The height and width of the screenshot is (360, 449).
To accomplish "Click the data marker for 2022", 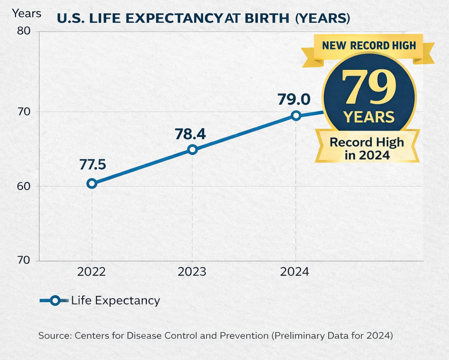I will point(92,183).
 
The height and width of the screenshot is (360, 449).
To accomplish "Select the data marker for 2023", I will point(192,149).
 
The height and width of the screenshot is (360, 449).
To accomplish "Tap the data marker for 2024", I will point(296,116).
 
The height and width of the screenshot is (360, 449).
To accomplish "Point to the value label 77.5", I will point(93,165).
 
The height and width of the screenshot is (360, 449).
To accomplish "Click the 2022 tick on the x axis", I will point(92,272).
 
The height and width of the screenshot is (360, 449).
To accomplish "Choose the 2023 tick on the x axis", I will point(192,272).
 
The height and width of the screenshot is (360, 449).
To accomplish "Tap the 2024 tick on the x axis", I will point(295,272).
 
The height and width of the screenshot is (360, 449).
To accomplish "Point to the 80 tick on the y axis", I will point(24,31).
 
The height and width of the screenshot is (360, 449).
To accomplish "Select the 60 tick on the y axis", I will point(24,186).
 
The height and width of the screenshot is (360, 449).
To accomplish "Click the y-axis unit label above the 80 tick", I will point(26,13).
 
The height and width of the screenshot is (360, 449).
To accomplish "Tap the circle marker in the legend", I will point(55,300).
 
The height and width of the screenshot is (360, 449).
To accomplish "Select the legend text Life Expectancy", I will point(115,300).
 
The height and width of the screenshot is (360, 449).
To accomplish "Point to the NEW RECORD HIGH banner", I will point(369,46).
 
